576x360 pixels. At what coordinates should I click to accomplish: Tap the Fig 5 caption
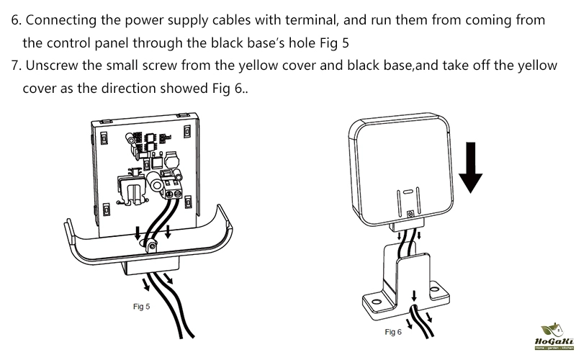(142, 306)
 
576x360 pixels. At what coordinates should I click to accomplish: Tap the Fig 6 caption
(393, 332)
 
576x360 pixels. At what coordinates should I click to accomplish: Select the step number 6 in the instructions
(16, 20)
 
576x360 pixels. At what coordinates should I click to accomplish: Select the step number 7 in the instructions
(16, 66)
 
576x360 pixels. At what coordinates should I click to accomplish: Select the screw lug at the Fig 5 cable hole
(151, 247)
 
